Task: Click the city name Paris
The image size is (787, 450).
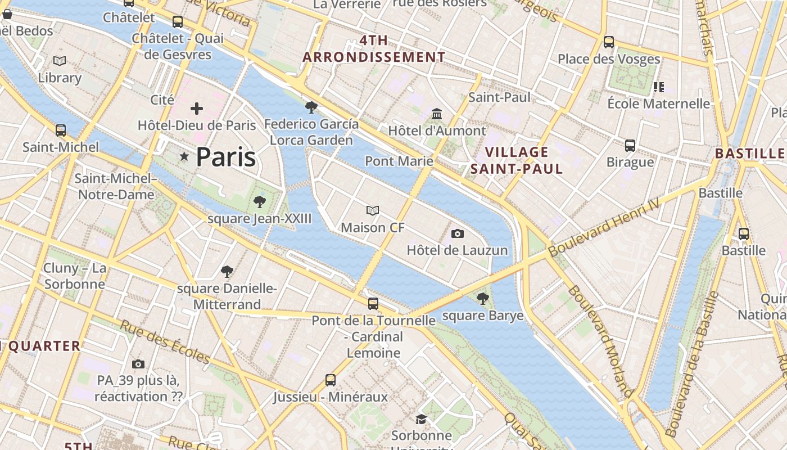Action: click(225, 157)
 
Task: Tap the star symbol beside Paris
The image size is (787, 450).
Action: click(184, 156)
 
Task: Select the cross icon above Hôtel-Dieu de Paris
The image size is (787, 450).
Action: click(197, 108)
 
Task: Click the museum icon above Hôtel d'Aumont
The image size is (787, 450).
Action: click(437, 114)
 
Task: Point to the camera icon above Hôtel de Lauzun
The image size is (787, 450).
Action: click(458, 233)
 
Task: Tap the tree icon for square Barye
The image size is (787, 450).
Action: click(482, 299)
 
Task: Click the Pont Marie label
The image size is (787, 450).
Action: click(399, 161)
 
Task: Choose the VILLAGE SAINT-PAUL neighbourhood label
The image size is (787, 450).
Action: click(517, 160)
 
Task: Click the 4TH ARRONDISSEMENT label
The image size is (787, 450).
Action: click(374, 49)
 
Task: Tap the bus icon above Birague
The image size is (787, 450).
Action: click(630, 146)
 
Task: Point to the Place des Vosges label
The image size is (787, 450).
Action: click(609, 59)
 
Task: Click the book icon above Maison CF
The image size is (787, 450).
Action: click(373, 211)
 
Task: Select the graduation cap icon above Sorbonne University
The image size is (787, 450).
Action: click(421, 419)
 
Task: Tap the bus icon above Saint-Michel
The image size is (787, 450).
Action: click(61, 130)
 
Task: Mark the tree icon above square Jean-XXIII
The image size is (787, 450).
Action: click(259, 202)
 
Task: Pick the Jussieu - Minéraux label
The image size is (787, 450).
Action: click(331, 397)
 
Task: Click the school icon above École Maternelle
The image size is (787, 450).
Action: click(659, 87)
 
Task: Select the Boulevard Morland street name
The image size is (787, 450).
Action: click(601, 341)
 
